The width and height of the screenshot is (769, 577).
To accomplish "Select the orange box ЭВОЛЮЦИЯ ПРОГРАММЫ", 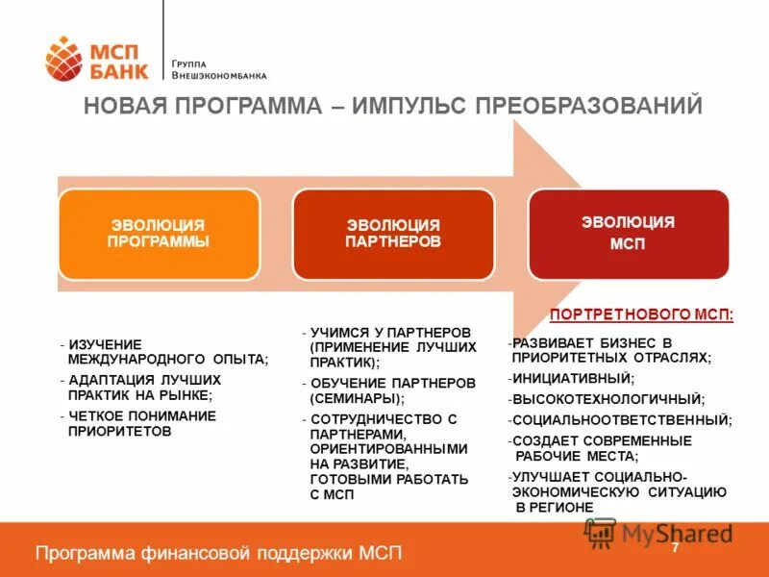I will tap(159, 234).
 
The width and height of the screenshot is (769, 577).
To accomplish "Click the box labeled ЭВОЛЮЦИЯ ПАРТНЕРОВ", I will tap(393, 234).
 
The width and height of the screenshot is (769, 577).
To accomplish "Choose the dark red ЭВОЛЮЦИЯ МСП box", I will tap(628, 233).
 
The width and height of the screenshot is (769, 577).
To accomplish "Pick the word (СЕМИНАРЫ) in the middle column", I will tap(358, 397).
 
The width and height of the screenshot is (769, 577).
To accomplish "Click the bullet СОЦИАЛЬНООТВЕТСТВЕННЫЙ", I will tap(621, 419).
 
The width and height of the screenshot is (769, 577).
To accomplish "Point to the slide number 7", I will tap(675, 547).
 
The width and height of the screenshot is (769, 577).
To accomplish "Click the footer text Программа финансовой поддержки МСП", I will tap(218, 553).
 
